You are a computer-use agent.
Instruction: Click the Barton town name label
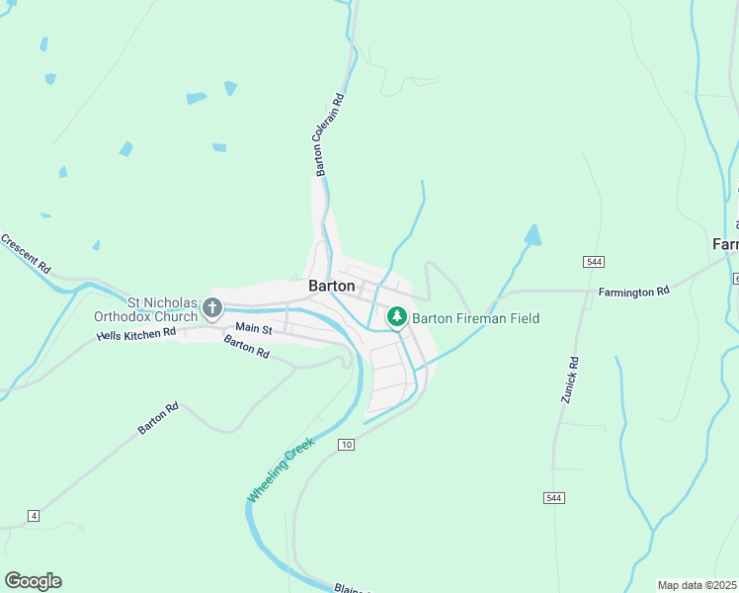332,286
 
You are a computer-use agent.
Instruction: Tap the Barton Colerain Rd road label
328,135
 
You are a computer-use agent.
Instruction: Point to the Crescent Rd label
26,253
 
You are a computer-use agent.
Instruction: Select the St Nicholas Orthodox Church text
145,309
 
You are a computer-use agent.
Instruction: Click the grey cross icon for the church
211,308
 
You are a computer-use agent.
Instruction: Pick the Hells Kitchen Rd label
136,334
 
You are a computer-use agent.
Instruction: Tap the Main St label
253,327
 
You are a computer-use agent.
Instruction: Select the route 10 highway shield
345,445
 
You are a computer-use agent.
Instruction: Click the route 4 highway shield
34,516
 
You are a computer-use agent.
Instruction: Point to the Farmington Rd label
633,292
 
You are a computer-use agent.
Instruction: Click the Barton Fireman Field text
475,318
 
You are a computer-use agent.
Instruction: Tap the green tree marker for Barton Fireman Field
396,316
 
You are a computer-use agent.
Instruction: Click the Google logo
34,581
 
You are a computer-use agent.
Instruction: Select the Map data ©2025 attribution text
698,585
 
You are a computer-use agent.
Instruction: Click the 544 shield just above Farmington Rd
593,261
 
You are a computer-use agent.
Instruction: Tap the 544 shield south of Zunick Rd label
553,498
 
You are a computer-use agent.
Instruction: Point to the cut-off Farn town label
725,243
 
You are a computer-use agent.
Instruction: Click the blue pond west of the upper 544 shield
533,235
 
